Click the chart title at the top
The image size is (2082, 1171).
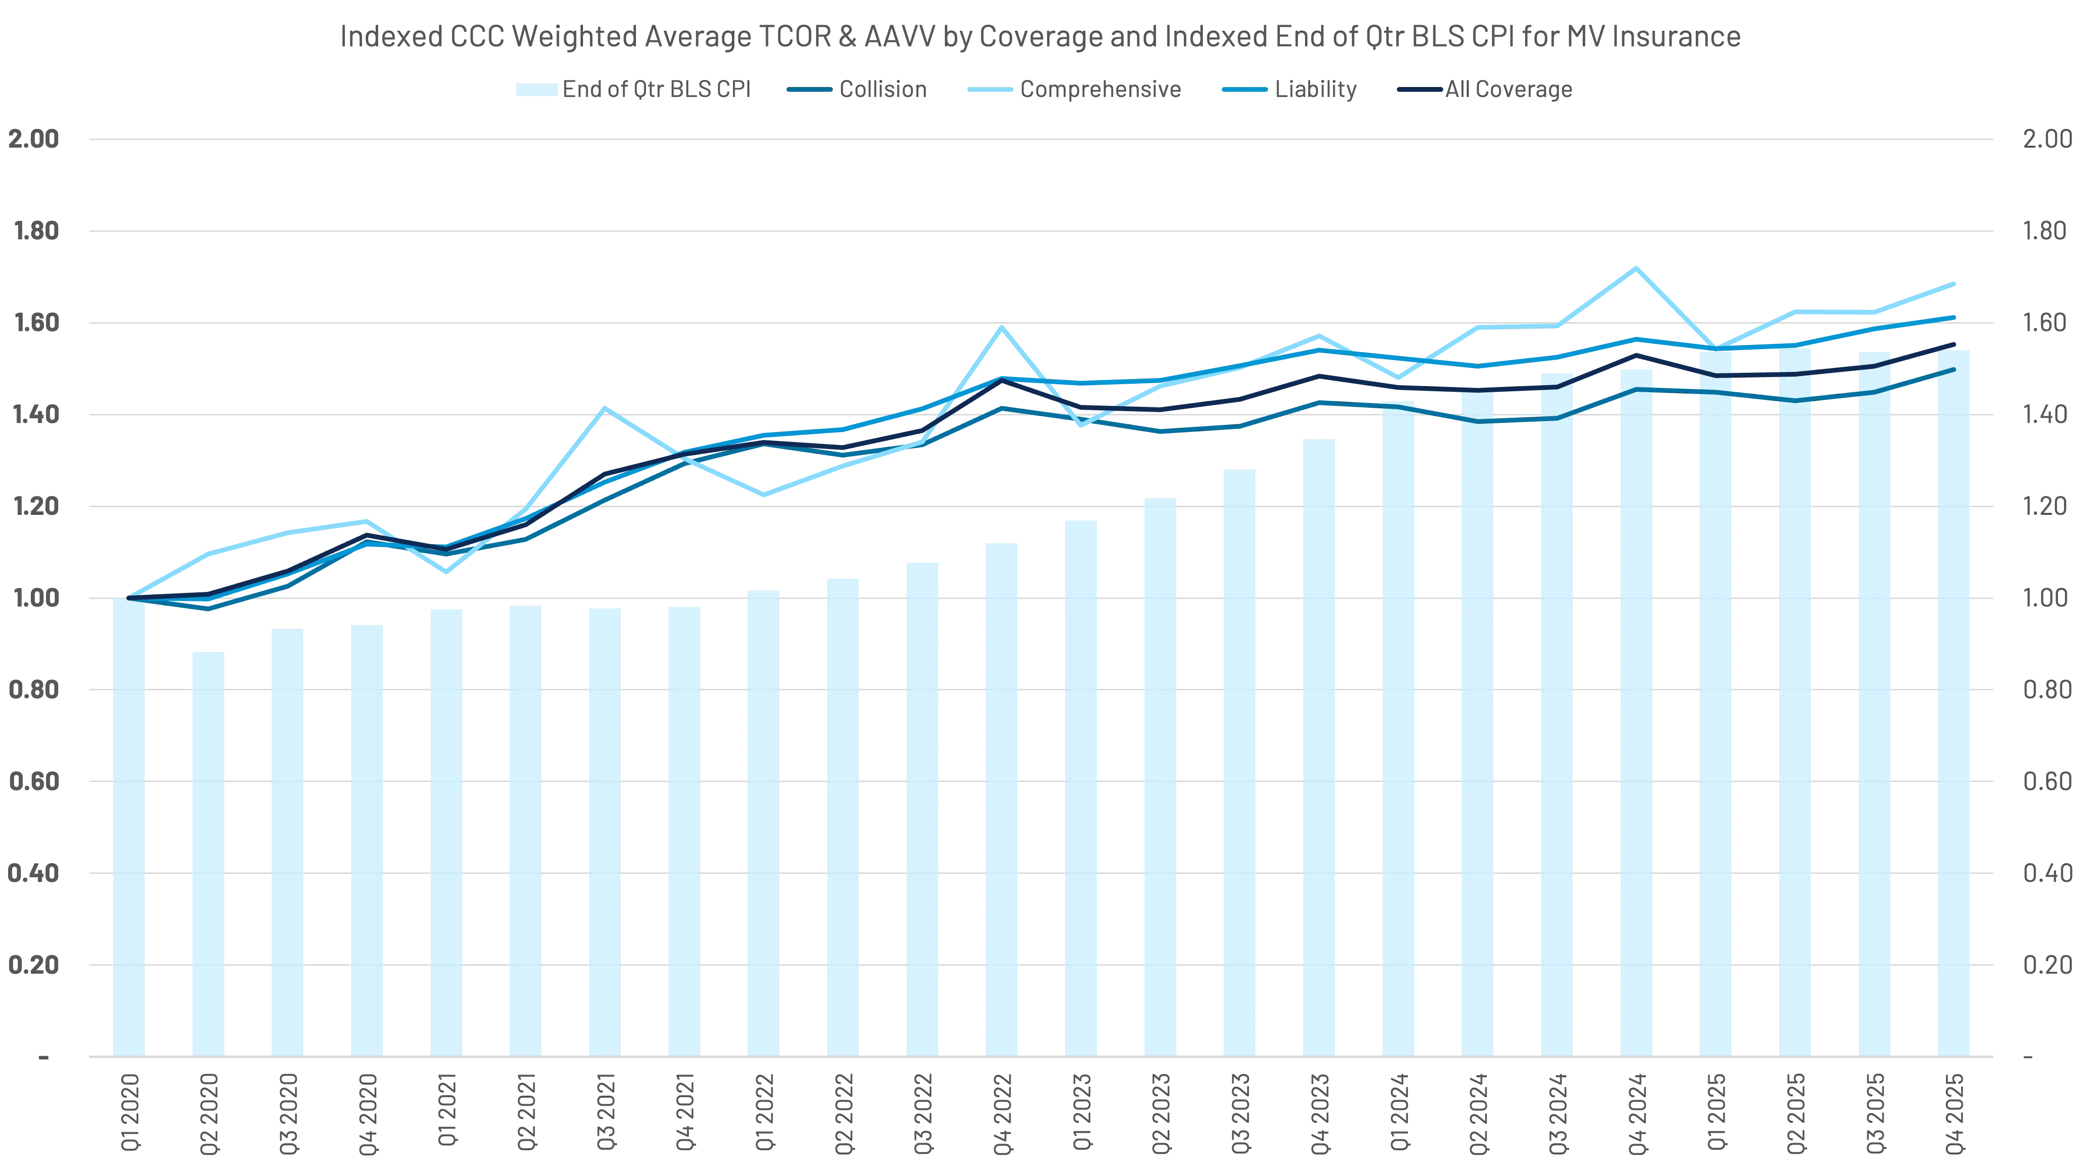pos(1040,38)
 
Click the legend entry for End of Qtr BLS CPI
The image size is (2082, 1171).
pos(633,90)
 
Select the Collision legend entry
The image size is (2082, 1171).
pos(857,90)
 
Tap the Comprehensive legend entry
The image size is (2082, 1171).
pos(1073,90)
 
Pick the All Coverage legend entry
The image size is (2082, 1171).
pos(1487,90)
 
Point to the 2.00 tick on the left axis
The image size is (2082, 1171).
pos(34,140)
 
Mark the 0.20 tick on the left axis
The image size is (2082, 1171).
pos(34,965)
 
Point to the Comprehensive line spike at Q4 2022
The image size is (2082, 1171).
pos(1001,327)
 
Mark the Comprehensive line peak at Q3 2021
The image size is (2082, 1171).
pos(605,408)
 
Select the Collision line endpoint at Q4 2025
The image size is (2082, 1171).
pos(1953,370)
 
